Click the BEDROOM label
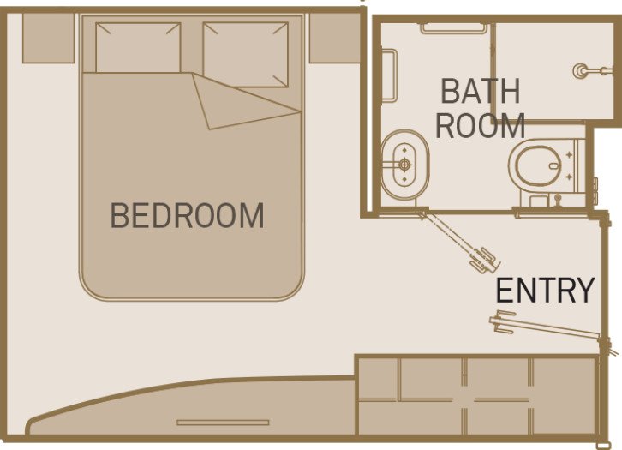pyautogui.click(x=187, y=216)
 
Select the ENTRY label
pyautogui.click(x=545, y=291)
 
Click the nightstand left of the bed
pyautogui.click(x=47, y=39)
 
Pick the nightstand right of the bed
pyautogui.click(x=332, y=39)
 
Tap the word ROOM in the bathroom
pyautogui.click(x=480, y=126)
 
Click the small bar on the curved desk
pyautogui.click(x=223, y=422)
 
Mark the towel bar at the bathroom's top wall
pyautogui.click(x=453, y=27)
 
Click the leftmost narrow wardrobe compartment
pyautogui.click(x=377, y=396)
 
